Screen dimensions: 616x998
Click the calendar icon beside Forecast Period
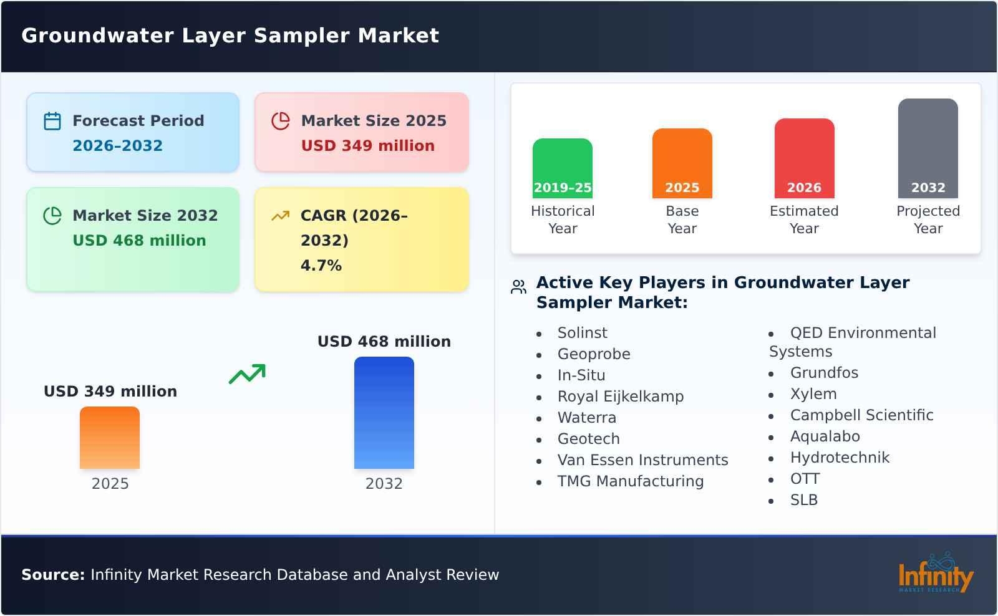(52, 121)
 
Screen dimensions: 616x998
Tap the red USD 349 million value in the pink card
(367, 146)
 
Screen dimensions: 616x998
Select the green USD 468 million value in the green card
(139, 241)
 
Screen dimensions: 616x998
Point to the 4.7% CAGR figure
(321, 266)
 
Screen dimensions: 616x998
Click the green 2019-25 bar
(562, 168)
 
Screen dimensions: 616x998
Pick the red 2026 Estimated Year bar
(804, 158)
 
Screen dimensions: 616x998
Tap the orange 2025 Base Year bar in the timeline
(682, 163)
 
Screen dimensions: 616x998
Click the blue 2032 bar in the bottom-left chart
(384, 413)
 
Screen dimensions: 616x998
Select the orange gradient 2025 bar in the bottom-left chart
(110, 438)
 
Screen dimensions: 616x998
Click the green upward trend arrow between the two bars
(247, 374)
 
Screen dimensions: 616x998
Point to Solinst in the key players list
(582, 333)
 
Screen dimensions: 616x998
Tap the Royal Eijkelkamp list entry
(620, 397)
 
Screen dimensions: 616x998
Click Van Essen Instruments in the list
(642, 460)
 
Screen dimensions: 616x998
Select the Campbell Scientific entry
(861, 415)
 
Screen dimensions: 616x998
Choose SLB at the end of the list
(803, 500)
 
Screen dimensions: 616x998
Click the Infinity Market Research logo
(935, 574)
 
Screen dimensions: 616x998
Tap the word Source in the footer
(52, 575)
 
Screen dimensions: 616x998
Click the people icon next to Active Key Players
(518, 287)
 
